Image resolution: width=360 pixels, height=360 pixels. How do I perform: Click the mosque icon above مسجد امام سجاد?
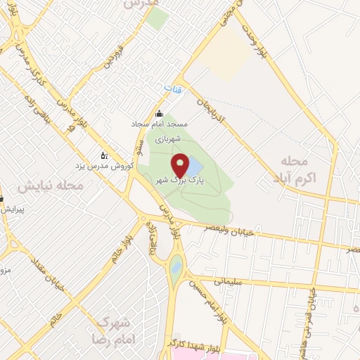coord(159,115)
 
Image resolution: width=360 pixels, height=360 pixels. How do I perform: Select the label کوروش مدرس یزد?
coord(101,166)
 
